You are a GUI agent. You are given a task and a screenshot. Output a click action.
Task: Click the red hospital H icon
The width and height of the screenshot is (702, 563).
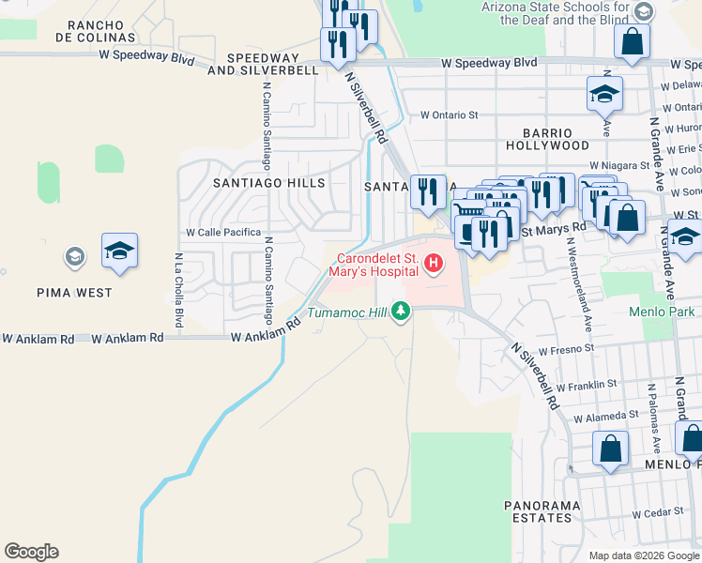point(434,264)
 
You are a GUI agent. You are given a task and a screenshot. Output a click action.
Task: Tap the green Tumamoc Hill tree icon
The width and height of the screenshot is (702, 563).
point(402,311)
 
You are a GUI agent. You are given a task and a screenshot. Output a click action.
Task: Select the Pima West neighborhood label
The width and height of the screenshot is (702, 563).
point(75,292)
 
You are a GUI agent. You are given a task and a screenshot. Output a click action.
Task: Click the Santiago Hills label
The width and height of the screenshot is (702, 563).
point(268,183)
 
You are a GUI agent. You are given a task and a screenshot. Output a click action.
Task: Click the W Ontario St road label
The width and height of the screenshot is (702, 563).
point(450,114)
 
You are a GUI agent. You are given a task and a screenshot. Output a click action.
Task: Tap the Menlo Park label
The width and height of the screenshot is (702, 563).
point(664,312)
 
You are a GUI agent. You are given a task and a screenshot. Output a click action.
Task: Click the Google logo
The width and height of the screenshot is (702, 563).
point(31,552)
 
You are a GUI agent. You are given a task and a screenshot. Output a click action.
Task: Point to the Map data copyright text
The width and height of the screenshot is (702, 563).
point(644,555)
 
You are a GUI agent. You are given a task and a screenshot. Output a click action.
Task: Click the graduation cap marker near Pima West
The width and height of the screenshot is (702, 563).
point(119,251)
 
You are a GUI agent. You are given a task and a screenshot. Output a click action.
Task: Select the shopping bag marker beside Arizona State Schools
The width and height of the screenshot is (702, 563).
point(633,43)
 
